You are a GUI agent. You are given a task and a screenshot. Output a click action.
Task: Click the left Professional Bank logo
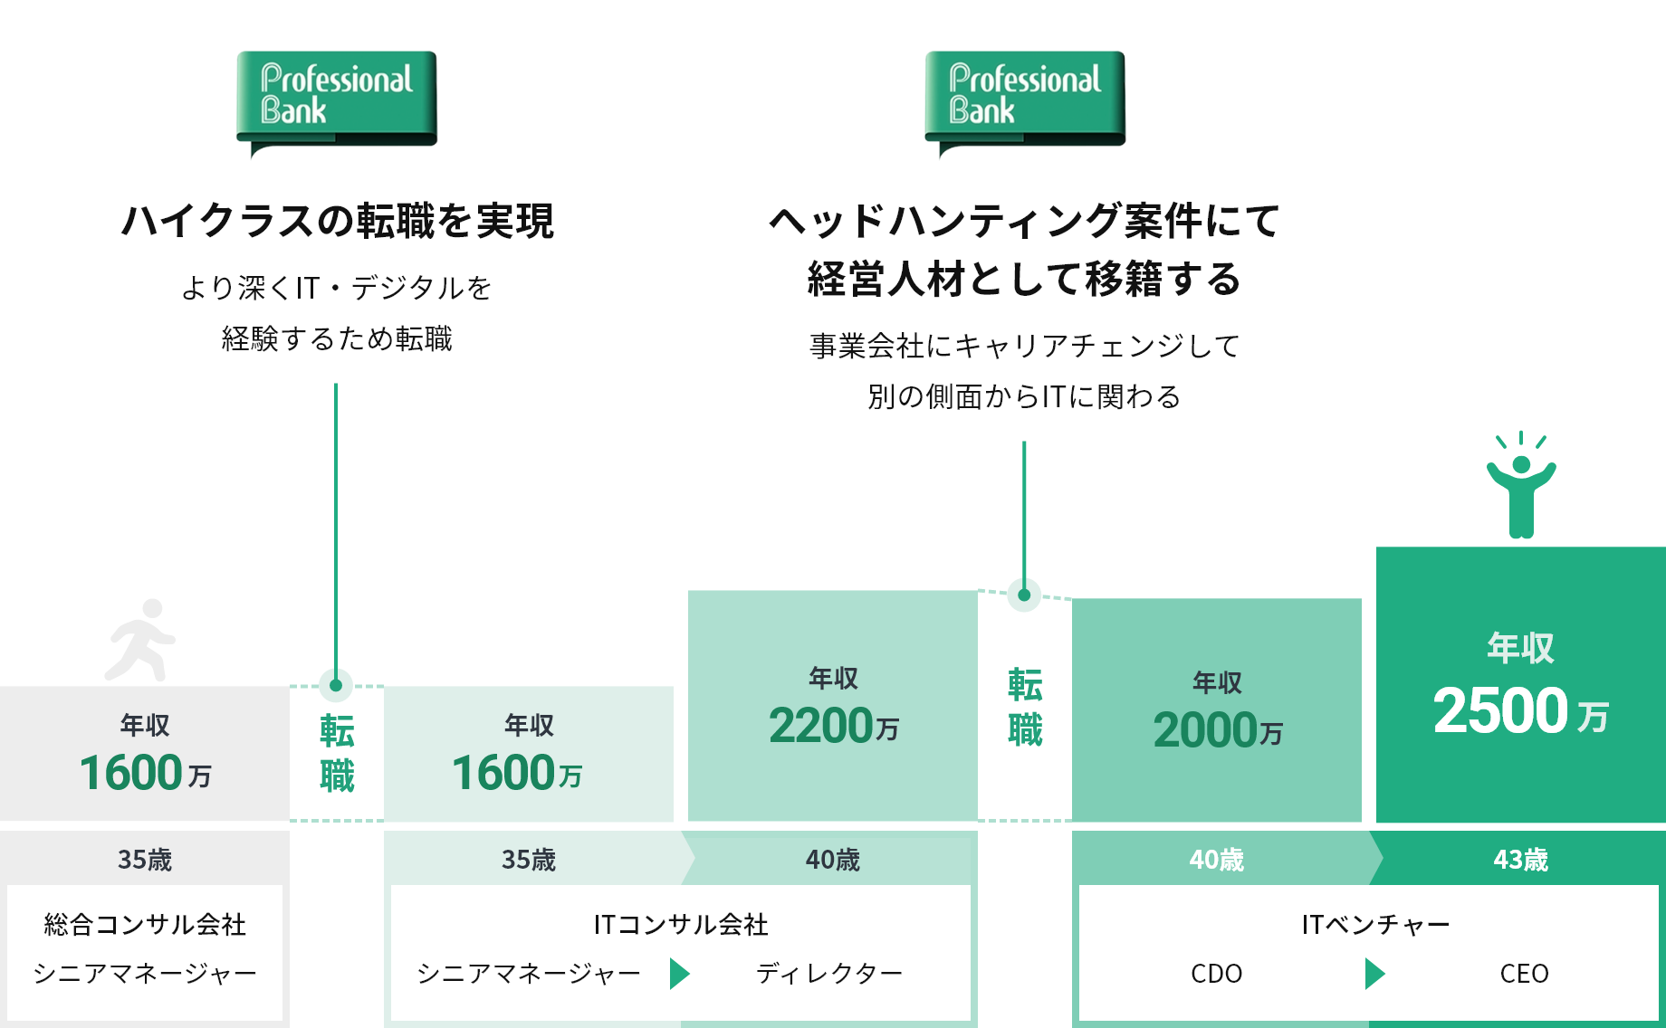coord(337,102)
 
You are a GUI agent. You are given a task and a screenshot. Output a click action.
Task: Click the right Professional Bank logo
coord(1025,102)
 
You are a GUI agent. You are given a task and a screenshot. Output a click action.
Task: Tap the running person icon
coord(140,640)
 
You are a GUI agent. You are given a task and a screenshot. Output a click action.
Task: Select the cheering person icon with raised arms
coord(1521,485)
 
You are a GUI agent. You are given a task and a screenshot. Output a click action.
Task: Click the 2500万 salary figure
coord(1521,711)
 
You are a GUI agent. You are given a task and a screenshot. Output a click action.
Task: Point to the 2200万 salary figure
coord(834,726)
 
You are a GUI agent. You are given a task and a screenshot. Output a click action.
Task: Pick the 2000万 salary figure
coord(1218,730)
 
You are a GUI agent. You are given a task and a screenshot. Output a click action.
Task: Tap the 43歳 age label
coord(1521,859)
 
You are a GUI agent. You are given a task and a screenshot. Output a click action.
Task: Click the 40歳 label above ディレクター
coord(833,859)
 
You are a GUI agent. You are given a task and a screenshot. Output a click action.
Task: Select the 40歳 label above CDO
coord(1217,859)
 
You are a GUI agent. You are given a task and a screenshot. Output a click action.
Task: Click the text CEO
coord(1525,974)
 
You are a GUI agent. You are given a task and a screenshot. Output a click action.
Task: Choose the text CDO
coord(1217,974)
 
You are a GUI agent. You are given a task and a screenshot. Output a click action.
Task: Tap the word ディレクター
coord(829,974)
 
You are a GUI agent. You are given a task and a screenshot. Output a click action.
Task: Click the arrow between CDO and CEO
coord(1374,974)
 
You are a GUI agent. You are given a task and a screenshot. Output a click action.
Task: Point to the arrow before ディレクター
coord(679,974)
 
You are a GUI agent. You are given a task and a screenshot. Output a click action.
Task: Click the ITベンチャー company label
coord(1376,924)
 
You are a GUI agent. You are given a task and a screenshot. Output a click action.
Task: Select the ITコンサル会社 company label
coord(681,924)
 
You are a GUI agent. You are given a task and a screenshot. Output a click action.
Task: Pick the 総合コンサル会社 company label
coord(145,924)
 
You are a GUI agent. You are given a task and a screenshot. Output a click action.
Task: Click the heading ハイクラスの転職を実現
coord(337,221)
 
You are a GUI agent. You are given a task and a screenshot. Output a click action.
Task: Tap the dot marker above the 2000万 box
coord(1024,595)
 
